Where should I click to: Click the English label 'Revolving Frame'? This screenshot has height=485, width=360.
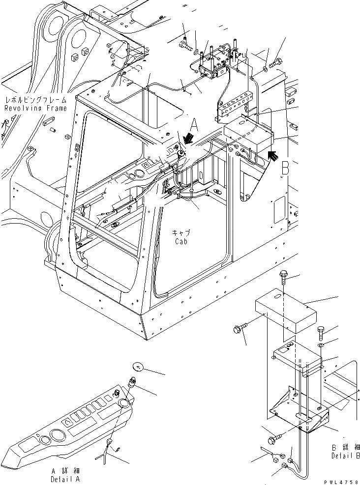[35, 108]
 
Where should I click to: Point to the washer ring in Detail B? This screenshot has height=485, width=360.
[320, 346]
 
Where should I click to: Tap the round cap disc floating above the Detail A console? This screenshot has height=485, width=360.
[137, 366]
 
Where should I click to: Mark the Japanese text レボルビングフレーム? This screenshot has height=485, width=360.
[35, 99]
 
